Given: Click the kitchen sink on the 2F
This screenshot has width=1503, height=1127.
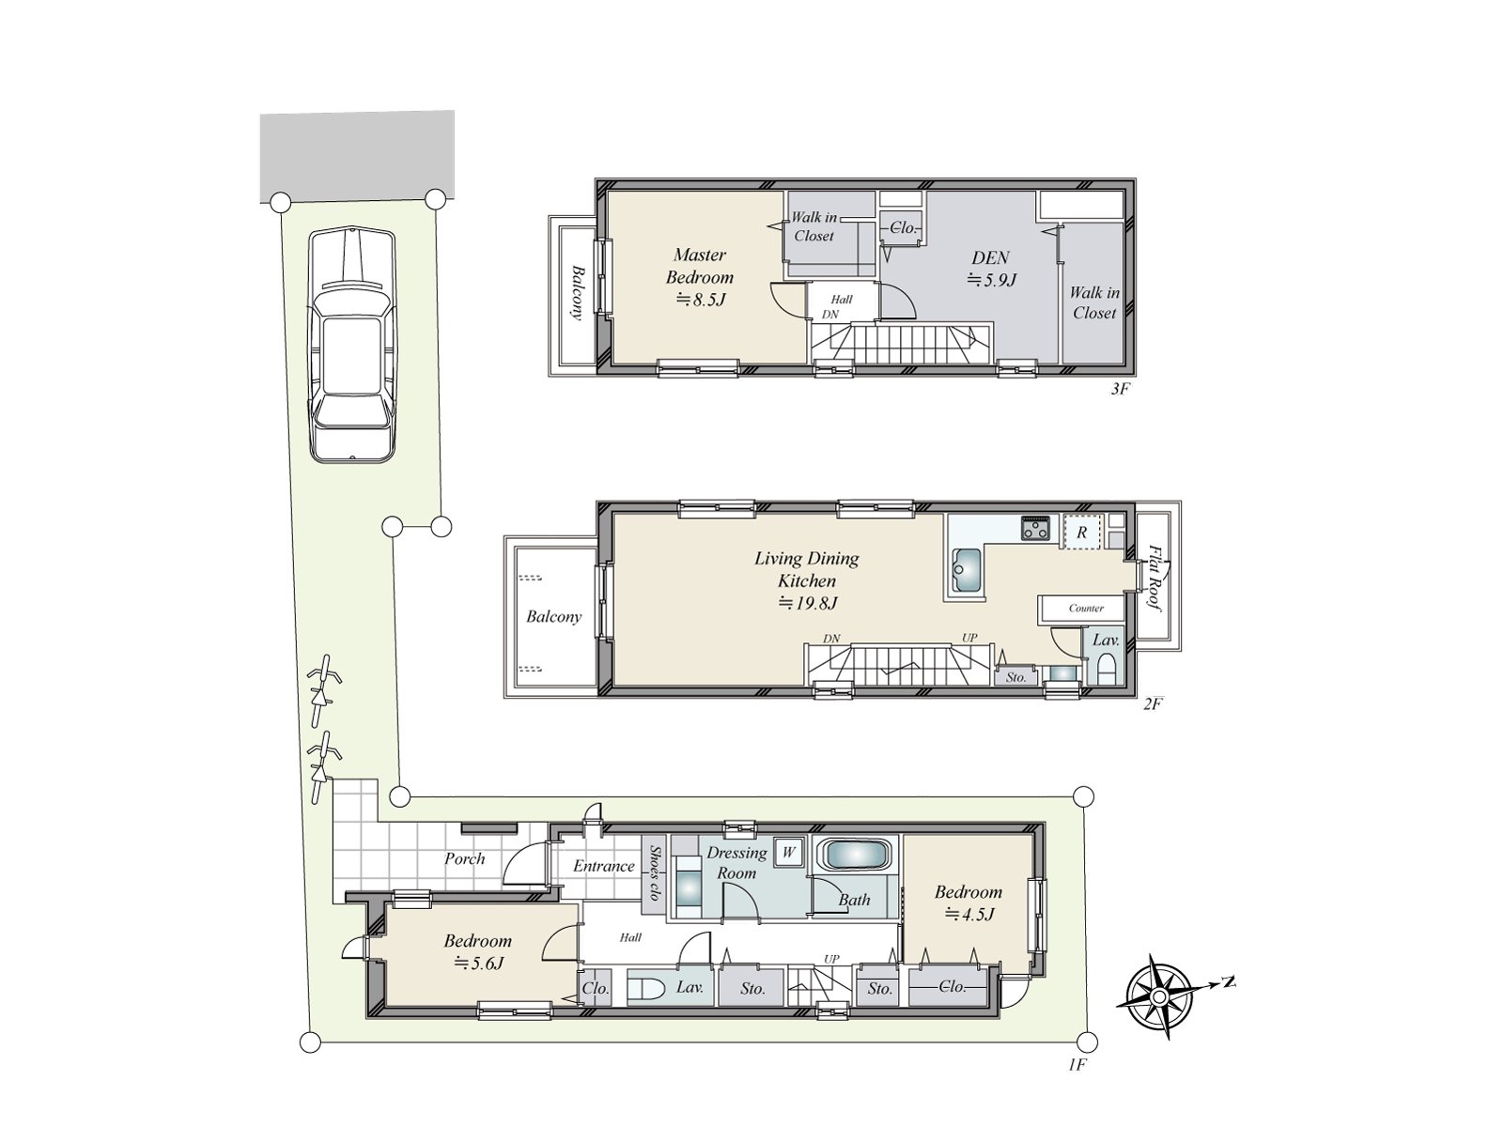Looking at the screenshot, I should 966,568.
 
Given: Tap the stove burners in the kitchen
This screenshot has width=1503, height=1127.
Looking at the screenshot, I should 1037,529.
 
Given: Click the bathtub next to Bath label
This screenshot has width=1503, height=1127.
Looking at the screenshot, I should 853,856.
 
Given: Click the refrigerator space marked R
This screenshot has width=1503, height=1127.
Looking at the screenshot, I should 1082,533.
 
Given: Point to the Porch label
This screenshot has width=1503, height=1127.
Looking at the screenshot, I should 465,858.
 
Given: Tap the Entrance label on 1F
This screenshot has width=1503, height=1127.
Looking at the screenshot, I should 604,866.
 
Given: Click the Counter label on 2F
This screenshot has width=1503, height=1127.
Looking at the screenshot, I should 1086,609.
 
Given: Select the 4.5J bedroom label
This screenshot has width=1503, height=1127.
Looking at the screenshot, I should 968,903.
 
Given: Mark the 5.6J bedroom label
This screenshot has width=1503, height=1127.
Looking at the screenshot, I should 478,950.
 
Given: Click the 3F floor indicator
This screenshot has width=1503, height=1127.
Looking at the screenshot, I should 1118,388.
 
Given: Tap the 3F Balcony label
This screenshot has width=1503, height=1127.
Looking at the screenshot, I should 575,292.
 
